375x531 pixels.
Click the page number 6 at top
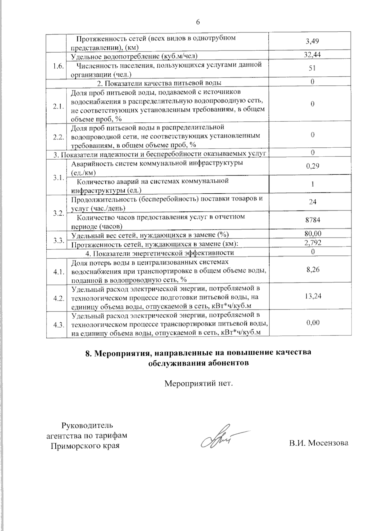click(x=197, y=22)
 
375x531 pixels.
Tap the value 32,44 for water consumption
click(x=312, y=55)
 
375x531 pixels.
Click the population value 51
click(x=312, y=69)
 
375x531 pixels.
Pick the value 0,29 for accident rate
click(x=312, y=166)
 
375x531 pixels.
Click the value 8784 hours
click(x=312, y=220)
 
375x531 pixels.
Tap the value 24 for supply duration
click(x=312, y=202)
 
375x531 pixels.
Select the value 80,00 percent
click(x=312, y=234)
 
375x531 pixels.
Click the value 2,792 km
click(x=312, y=243)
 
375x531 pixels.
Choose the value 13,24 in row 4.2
click(x=313, y=296)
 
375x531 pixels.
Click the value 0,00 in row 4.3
click(x=313, y=323)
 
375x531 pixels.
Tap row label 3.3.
click(x=58, y=240)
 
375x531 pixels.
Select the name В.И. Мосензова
click(x=318, y=443)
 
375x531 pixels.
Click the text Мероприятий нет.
click(x=199, y=383)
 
